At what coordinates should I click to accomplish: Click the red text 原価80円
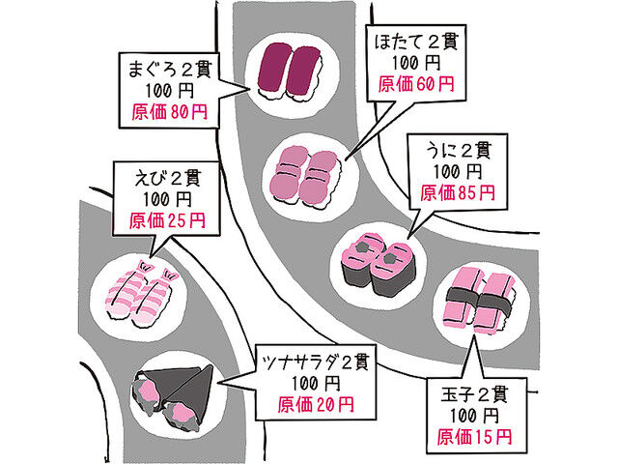point(169,112)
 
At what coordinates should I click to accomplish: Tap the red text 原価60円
point(416,84)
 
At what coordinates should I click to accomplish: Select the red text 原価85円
point(458,192)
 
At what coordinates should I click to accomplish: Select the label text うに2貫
point(458,150)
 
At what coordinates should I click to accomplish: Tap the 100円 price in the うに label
point(458,171)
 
